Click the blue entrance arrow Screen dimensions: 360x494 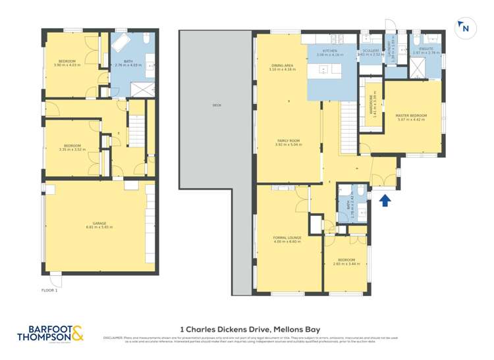click(386, 200)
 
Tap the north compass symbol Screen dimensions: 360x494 click(464, 28)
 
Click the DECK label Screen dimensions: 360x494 click(217, 105)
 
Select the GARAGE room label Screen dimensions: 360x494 click(99, 224)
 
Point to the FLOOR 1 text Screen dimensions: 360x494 click(49, 290)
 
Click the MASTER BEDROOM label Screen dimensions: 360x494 click(412, 116)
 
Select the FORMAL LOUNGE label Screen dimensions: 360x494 click(287, 238)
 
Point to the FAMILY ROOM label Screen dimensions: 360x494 click(288, 140)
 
